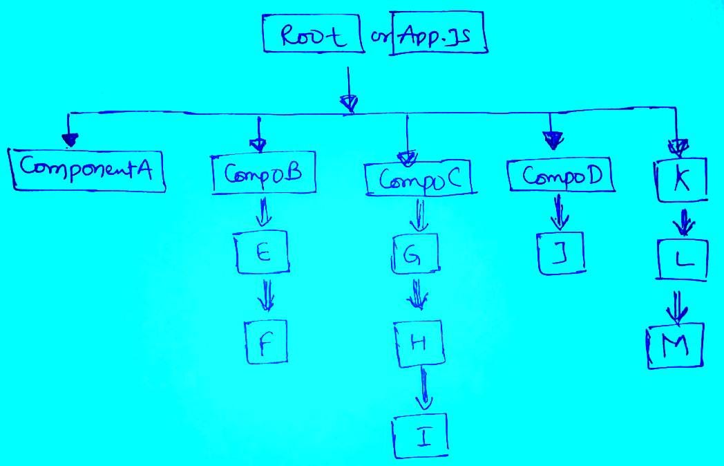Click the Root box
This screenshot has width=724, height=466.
click(x=313, y=33)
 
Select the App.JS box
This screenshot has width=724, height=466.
click(x=438, y=32)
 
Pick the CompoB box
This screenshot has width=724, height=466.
click(x=263, y=175)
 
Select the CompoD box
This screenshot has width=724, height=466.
click(x=560, y=176)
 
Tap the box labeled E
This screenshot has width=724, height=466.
click(x=262, y=253)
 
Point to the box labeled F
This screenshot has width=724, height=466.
click(x=265, y=342)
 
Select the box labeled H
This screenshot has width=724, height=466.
click(x=417, y=344)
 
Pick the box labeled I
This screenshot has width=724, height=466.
click(x=421, y=435)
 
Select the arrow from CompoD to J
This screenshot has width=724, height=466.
click(x=559, y=212)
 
